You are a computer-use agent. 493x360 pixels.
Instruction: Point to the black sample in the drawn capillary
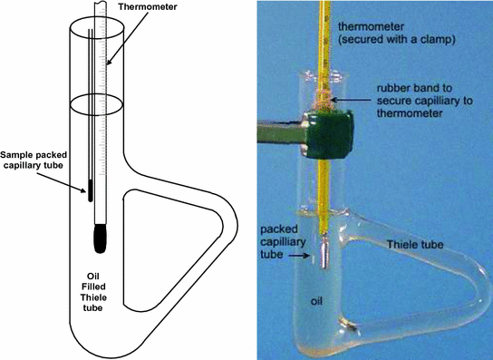(90, 189)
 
